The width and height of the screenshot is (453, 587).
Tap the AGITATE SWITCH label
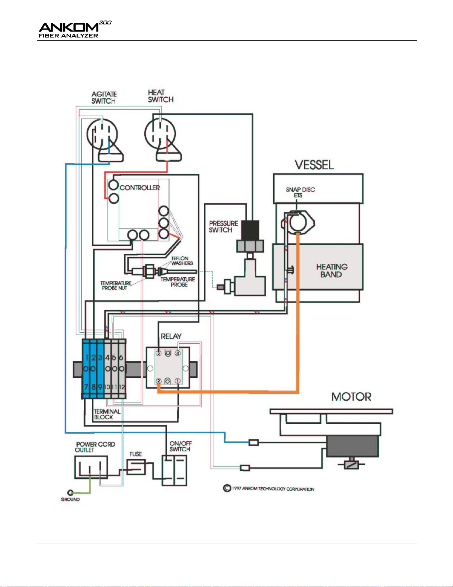104,98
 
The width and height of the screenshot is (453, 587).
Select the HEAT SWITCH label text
160,96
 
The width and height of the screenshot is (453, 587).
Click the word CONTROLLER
140,188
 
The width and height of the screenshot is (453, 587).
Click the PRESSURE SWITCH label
223,227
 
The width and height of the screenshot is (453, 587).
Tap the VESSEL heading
314,165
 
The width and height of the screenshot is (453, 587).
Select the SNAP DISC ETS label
300,192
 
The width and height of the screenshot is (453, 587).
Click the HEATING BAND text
331,271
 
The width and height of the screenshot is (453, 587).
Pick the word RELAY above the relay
171,336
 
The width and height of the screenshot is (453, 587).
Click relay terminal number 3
159,353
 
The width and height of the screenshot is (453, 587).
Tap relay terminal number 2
159,381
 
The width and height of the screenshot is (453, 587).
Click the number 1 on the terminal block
87,358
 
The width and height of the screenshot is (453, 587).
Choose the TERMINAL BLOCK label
107,414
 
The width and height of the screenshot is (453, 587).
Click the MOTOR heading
351,397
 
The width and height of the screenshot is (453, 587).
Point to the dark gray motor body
352,447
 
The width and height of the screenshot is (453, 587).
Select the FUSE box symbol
136,467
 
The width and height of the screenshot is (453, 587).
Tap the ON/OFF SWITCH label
180,446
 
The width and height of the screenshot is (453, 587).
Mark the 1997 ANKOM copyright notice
269,489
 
